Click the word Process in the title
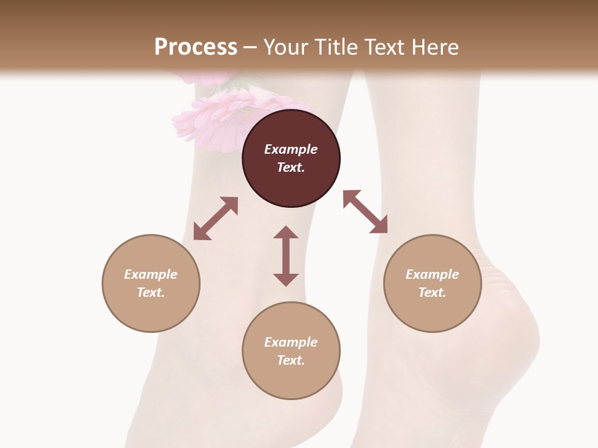(196, 47)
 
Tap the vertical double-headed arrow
(286, 256)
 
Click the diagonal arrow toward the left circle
(216, 218)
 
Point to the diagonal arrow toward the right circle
(366, 212)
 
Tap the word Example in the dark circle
(291, 149)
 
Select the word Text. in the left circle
(151, 292)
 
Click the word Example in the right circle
(432, 274)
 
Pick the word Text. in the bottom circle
(291, 360)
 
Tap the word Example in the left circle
(151, 274)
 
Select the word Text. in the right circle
(432, 292)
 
